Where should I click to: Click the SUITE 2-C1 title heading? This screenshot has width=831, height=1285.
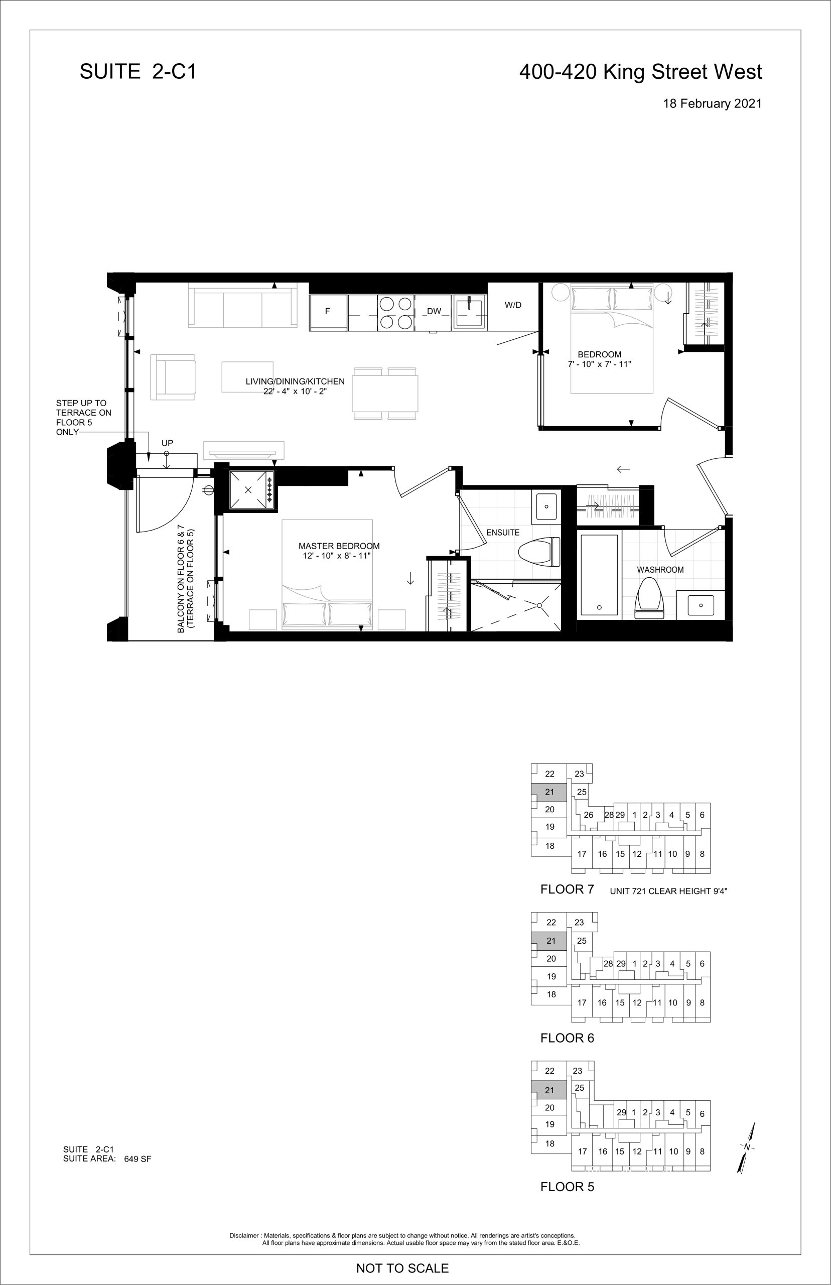pyautogui.click(x=138, y=71)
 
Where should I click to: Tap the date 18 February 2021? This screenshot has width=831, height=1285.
pyautogui.click(x=712, y=103)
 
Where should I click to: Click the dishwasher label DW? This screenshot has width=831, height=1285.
pyautogui.click(x=434, y=311)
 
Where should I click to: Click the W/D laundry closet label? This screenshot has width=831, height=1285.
pyautogui.click(x=513, y=305)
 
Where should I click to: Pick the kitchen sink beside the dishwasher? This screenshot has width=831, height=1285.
pyautogui.click(x=470, y=312)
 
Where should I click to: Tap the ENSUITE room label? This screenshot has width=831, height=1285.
pyautogui.click(x=503, y=533)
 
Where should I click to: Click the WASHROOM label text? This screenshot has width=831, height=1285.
pyautogui.click(x=660, y=570)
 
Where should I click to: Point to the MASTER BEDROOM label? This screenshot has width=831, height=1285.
pyautogui.click(x=339, y=546)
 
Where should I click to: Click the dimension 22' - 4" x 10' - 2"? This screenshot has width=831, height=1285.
pyautogui.click(x=296, y=392)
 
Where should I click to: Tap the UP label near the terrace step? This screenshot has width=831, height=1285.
pyautogui.click(x=167, y=443)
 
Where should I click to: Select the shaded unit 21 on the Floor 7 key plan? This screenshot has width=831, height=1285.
pyautogui.click(x=549, y=792)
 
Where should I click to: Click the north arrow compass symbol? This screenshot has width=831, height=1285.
pyautogui.click(x=747, y=1147)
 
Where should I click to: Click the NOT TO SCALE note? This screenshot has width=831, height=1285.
pyautogui.click(x=402, y=1268)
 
